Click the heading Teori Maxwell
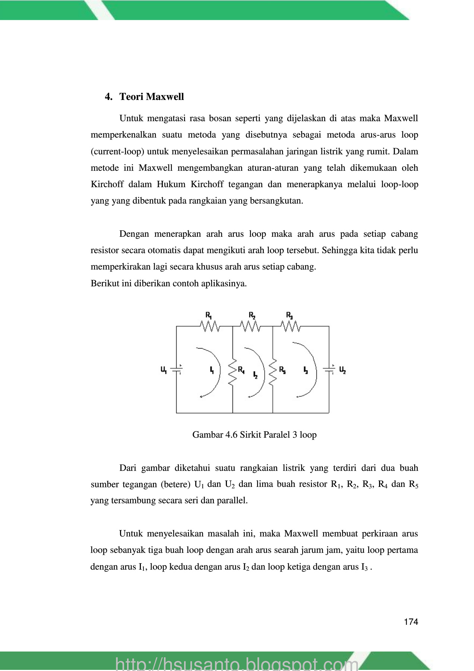click(151, 97)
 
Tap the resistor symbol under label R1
click(210, 327)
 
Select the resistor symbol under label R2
click(251, 327)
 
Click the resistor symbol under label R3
click(291, 327)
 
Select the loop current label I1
click(212, 370)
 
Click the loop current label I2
click(255, 375)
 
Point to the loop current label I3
click(306, 370)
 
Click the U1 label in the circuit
click(164, 370)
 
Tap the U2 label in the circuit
click(342, 370)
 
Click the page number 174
click(411, 622)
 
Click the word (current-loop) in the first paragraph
click(117, 151)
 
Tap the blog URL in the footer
click(237, 664)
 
